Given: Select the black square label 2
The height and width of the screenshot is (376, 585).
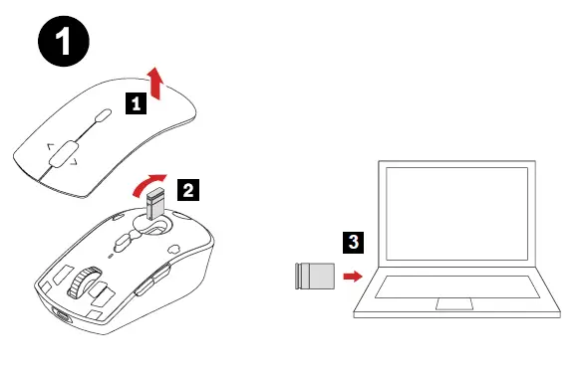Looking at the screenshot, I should (x=187, y=187).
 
